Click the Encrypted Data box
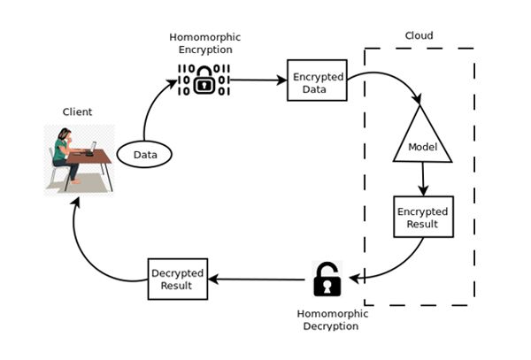coord(317,80)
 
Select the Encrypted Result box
coord(422,217)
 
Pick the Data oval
coord(144,155)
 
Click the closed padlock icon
coord(204,81)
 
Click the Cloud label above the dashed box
coord(419,36)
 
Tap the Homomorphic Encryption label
coord(204,42)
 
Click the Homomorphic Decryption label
coord(327,319)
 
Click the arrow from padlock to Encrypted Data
coord(258,80)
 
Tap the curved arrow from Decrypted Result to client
coord(88,252)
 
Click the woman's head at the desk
coord(64,135)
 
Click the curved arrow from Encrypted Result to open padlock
coord(398,265)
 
